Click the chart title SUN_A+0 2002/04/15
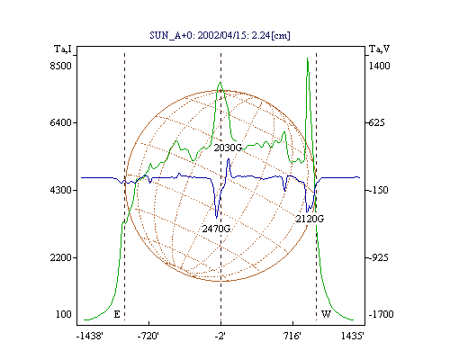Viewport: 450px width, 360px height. pyautogui.click(x=220, y=35)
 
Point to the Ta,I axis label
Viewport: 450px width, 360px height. pyautogui.click(x=63, y=49)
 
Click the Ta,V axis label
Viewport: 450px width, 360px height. pyautogui.click(x=379, y=49)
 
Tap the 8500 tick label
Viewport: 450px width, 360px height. pyautogui.click(x=61, y=66)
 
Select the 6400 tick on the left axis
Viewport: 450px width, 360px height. pyautogui.click(x=61, y=122)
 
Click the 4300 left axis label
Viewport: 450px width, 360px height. pyautogui.click(x=61, y=190)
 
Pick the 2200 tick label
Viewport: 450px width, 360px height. pyautogui.click(x=61, y=257)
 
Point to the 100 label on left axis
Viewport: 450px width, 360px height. pyautogui.click(x=64, y=314)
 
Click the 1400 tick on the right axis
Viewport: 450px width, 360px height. pyautogui.click(x=379, y=66)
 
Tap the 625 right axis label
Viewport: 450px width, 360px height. pyautogui.click(x=376, y=122)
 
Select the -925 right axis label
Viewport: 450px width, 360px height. pyautogui.click(x=378, y=257)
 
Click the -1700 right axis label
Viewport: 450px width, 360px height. pyautogui.click(x=381, y=314)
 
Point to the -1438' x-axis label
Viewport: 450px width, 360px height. pyautogui.click(x=90, y=336)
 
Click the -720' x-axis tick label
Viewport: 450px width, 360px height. pyautogui.click(x=148, y=336)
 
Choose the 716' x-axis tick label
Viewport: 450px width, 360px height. pyautogui.click(x=292, y=336)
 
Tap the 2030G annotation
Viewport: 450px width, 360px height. pyautogui.click(x=228, y=148)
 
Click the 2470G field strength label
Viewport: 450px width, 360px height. pyautogui.click(x=216, y=229)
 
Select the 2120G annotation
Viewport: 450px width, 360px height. pyautogui.click(x=310, y=219)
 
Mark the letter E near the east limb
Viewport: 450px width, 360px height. pyautogui.click(x=117, y=314)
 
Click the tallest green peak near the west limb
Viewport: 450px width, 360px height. pyautogui.click(x=308, y=58)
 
